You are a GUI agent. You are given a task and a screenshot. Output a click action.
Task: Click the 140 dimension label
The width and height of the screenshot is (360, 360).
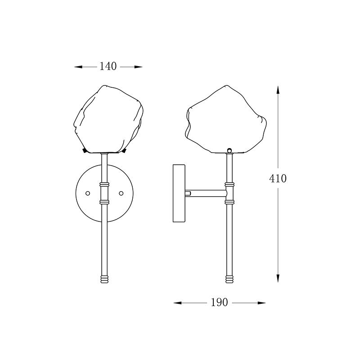108,66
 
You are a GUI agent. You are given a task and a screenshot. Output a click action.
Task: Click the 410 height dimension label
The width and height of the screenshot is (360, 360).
278,178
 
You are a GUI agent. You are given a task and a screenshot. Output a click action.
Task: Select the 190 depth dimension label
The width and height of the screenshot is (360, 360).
219,302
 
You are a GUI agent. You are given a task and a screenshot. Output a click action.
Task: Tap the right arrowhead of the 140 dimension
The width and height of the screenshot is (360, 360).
138,67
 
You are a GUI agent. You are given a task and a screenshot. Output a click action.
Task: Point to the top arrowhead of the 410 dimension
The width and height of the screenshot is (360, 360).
278,90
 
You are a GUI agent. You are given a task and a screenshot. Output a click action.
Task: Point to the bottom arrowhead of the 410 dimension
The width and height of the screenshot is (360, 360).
278,278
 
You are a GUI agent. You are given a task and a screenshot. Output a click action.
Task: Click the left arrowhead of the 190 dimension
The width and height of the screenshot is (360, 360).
177,303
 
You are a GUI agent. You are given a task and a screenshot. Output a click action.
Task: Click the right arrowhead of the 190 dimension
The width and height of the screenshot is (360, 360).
261,303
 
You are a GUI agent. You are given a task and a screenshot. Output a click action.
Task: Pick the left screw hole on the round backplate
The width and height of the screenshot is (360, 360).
88,193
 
